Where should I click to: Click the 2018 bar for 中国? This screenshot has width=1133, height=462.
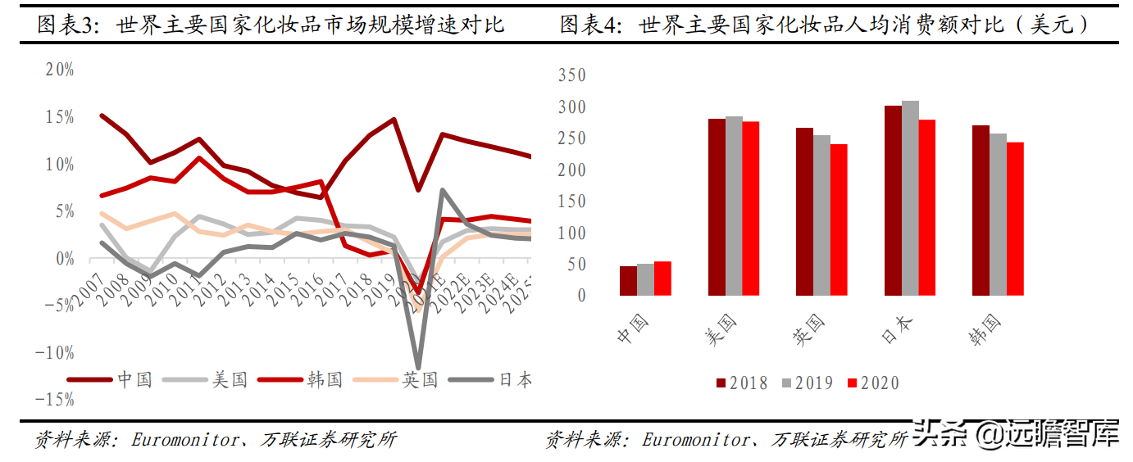click(x=628, y=281)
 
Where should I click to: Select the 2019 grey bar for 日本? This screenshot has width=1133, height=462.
click(x=910, y=198)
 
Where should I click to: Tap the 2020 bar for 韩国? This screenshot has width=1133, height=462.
click(x=1015, y=219)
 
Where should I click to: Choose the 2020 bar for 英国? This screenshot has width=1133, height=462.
click(x=839, y=220)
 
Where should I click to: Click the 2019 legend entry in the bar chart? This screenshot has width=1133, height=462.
click(x=806, y=383)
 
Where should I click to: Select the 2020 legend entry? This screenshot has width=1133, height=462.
click(x=872, y=383)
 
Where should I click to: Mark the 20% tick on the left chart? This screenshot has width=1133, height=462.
click(x=60, y=70)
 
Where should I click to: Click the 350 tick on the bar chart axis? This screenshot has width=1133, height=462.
click(x=571, y=75)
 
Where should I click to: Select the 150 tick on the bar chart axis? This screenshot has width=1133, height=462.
click(x=571, y=202)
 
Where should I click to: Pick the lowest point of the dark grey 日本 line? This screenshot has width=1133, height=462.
click(x=418, y=367)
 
